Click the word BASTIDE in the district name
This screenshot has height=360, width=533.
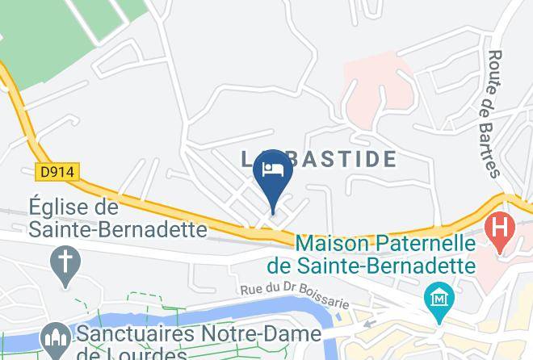(342, 159)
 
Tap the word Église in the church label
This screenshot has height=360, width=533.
(63, 207)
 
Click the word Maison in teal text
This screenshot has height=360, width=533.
(332, 243)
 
